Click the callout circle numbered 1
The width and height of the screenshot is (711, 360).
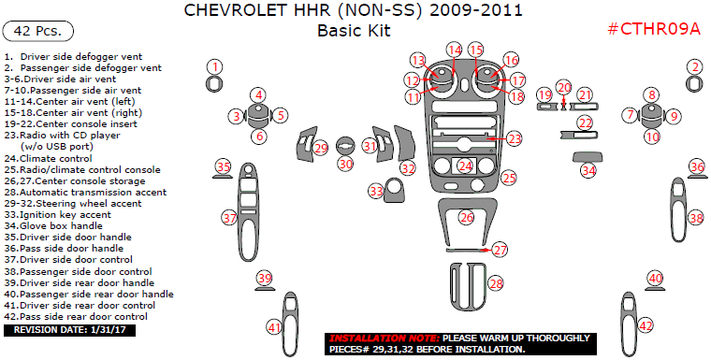215,66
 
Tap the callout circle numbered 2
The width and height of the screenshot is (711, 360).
694,66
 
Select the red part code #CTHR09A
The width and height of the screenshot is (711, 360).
654,28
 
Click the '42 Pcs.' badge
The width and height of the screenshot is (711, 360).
38,31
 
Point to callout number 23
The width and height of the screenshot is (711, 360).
515,137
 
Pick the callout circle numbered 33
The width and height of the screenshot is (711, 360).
377,191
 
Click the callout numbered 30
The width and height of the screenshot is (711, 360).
346,164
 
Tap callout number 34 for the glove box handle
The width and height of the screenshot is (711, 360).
588,170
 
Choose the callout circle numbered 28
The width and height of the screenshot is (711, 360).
496,282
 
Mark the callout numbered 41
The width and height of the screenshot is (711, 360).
274,326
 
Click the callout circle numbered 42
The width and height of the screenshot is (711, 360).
646,325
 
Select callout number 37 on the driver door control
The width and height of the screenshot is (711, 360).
229,217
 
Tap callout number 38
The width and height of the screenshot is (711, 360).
695,217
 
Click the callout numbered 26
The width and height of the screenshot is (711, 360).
466,217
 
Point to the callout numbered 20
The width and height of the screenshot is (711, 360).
563,87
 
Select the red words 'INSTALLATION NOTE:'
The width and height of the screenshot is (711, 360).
382,338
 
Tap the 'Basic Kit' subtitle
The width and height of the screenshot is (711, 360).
353,30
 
